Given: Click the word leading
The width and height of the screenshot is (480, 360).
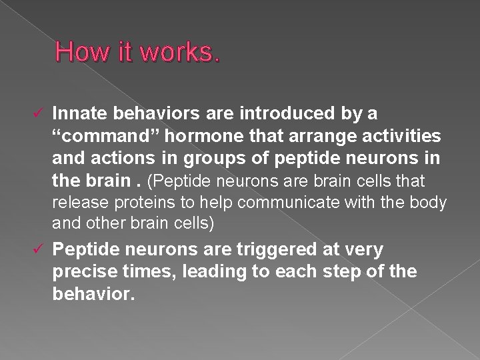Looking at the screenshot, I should pyautogui.click(x=201, y=272).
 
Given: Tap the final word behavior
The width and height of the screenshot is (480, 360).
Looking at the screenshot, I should pyautogui.click(x=93, y=294).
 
